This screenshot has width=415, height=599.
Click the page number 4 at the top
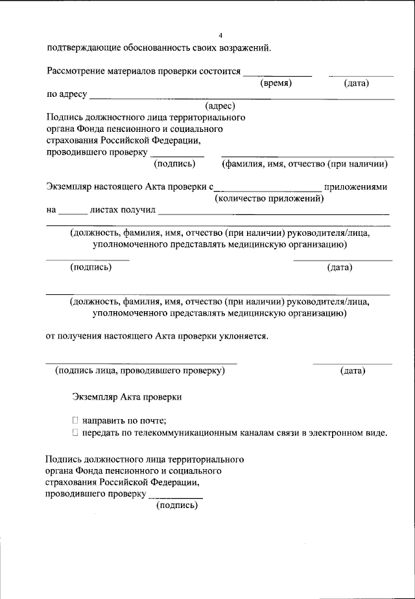(x=220, y=34)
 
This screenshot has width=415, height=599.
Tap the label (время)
(x=276, y=84)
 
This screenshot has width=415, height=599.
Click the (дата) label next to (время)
(x=357, y=84)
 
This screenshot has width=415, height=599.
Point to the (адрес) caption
(x=220, y=106)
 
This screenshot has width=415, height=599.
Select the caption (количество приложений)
(x=269, y=198)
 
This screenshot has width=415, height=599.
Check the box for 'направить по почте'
(x=75, y=420)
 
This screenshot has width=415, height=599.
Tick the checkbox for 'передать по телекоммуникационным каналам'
(x=75, y=433)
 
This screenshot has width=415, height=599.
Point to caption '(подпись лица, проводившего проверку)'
(x=140, y=371)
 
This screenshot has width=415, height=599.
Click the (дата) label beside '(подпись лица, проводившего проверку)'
(x=353, y=371)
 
